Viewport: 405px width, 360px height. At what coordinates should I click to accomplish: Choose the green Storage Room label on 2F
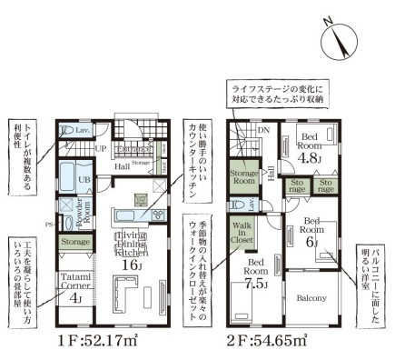tap(243, 177)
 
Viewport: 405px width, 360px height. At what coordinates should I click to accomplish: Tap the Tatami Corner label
tap(74, 281)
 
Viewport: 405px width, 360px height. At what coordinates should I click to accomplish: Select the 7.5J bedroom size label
tap(256, 282)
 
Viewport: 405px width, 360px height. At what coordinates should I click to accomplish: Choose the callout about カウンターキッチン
tap(194, 165)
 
